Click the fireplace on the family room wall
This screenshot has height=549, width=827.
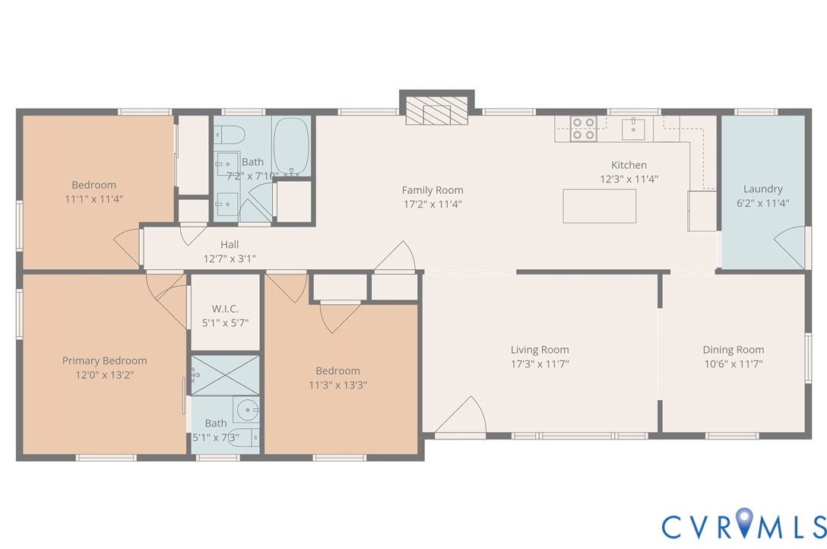[436, 110]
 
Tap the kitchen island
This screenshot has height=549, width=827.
[599, 206]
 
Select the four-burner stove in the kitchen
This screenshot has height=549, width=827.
[583, 129]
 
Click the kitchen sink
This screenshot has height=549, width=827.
[633, 129]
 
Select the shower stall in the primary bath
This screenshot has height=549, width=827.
[224, 375]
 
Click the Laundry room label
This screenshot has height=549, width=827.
[762, 189]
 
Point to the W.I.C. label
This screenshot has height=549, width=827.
[225, 309]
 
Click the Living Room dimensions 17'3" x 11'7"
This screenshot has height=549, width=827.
[540, 363]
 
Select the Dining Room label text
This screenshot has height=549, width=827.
[733, 350]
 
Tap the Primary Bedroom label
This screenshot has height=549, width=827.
[104, 360]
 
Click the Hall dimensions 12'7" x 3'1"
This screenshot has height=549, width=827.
[229, 259]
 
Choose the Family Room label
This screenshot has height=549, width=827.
[433, 190]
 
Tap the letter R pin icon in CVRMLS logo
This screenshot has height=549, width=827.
[744, 524]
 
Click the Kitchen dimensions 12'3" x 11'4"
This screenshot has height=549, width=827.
[629, 179]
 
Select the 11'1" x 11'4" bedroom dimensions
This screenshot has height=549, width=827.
[93, 198]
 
